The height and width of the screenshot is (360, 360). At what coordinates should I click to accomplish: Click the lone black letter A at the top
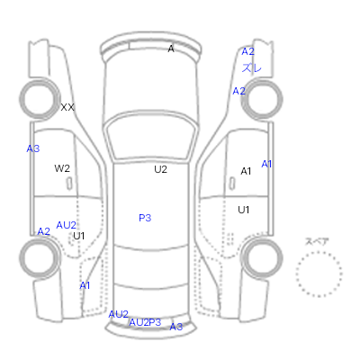(171, 49)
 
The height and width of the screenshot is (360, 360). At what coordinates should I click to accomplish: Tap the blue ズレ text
(252, 67)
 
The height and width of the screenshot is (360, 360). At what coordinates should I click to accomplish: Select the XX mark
(67, 107)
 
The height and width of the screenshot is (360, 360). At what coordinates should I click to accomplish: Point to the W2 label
(62, 168)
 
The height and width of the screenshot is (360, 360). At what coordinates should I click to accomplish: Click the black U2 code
(160, 169)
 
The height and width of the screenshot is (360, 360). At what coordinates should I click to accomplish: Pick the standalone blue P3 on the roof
(145, 218)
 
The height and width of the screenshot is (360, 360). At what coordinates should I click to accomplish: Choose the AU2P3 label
(145, 322)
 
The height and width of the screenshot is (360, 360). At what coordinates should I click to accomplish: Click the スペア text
(317, 241)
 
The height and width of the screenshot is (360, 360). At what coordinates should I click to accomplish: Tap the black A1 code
(246, 171)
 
